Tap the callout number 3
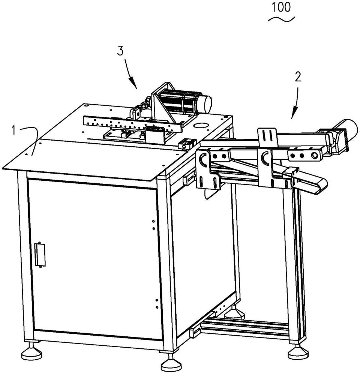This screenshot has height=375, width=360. (120, 51)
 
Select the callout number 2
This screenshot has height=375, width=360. (298, 77)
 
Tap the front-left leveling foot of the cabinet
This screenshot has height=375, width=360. (31, 352)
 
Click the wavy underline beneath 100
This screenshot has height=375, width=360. (281, 19)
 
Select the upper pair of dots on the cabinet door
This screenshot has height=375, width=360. (154, 225)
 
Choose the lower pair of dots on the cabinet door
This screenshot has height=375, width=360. (157, 303)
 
